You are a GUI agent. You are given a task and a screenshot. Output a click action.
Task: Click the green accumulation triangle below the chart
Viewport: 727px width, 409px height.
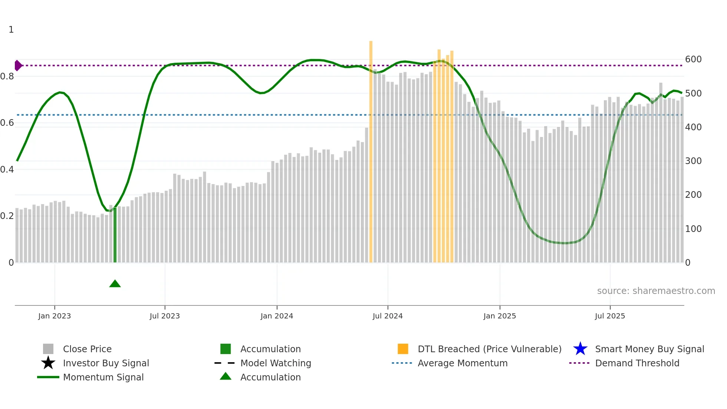115,284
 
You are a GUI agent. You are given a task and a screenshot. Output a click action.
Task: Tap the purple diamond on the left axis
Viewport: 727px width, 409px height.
18,66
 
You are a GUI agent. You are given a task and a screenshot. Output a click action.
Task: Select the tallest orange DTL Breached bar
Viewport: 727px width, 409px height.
371,148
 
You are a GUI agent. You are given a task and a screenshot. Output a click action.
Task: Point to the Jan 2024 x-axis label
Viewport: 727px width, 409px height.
277,316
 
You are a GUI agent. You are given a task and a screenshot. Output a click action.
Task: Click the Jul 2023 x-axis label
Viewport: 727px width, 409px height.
165,316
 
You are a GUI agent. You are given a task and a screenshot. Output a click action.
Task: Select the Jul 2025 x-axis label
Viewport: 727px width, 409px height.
610,316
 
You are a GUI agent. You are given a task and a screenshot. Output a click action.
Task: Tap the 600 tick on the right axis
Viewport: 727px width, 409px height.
693,59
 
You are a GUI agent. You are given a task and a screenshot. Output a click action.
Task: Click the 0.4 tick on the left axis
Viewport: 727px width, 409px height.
7,170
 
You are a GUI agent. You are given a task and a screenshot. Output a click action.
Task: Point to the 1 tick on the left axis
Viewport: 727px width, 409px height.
11,30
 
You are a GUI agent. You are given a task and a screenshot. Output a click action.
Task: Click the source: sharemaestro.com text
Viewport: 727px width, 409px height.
656,291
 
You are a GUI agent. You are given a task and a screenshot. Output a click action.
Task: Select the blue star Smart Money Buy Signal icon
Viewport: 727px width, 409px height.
580,349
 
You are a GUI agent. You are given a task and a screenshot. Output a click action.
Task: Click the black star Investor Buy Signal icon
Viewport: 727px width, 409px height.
48,363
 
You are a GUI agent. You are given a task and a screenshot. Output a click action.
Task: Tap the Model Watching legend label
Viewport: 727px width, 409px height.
276,363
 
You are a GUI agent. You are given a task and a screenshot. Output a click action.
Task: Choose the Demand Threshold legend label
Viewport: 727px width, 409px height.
637,363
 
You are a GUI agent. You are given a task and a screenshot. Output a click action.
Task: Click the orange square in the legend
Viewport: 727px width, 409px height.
403,349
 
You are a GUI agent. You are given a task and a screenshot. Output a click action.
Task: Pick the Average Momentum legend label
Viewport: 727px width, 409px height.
463,363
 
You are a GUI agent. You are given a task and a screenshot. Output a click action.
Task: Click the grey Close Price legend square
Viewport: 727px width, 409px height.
48,349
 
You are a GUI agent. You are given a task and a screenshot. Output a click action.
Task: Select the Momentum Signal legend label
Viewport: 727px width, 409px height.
103,377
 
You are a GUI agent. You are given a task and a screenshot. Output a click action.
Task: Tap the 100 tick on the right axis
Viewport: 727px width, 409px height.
693,229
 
